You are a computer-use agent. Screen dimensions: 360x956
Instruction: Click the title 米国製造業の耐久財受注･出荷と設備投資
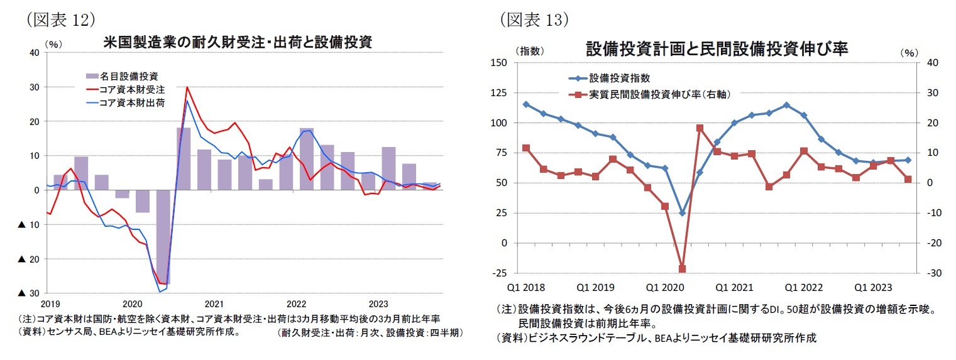(238, 43)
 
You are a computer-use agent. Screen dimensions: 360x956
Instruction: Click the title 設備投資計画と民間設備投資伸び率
(717, 48)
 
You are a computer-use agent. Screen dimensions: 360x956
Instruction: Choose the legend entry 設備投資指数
(619, 79)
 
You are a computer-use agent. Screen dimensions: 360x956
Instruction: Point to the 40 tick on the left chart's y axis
(35, 53)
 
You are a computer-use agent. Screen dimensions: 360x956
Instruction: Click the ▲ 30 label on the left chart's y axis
(30, 293)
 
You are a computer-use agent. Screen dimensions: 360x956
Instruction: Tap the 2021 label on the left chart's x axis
(214, 303)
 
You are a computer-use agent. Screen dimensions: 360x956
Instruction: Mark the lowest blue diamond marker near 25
(682, 213)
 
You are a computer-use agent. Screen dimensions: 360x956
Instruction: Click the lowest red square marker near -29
(682, 269)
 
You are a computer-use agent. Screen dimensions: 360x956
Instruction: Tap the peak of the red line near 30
(187, 87)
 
